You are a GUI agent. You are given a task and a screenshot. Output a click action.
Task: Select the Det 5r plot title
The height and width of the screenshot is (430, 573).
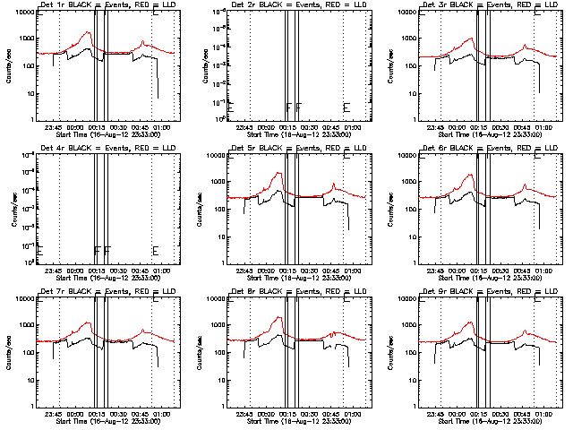coord(285,150)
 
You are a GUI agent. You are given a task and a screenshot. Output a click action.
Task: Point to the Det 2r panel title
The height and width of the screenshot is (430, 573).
coord(285,6)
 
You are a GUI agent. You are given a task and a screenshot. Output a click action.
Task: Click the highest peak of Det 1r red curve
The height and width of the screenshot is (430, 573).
coord(88,33)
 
